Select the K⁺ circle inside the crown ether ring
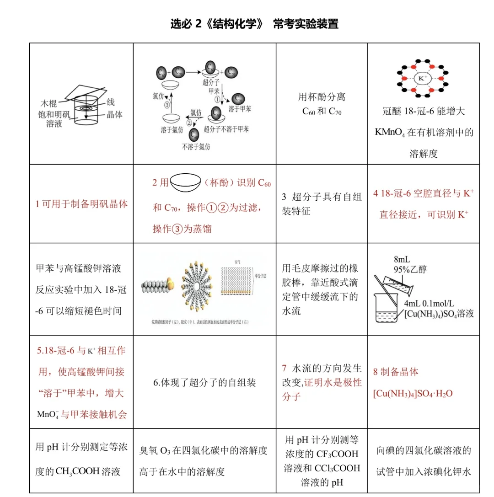click(x=421, y=78)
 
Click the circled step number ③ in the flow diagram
click(x=167, y=104)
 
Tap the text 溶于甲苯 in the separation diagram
click(x=240, y=109)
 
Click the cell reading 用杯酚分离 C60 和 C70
click(x=322, y=104)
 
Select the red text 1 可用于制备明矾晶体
click(x=81, y=204)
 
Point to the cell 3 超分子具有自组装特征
click(x=322, y=204)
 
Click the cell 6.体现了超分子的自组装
click(x=204, y=382)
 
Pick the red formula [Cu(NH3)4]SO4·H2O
click(x=413, y=393)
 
